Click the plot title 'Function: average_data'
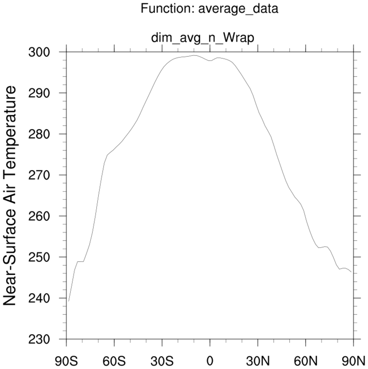pyautogui.click(x=209, y=8)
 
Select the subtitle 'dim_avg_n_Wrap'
pyautogui.click(x=202, y=38)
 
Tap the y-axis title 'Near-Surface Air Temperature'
pyautogui.click(x=10, y=195)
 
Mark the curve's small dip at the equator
pyautogui.click(x=210, y=61)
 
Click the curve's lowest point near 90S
pyautogui.click(x=68, y=301)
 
